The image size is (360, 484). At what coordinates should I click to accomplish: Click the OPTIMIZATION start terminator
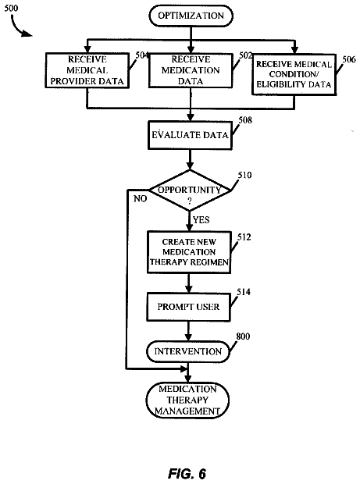click(x=191, y=16)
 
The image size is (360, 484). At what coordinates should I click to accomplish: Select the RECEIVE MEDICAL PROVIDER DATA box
click(x=87, y=70)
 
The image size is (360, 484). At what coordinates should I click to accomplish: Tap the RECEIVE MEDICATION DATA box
click(x=191, y=70)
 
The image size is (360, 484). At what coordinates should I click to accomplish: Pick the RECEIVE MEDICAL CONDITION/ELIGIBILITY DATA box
click(x=294, y=74)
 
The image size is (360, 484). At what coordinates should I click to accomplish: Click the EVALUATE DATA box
click(x=190, y=135)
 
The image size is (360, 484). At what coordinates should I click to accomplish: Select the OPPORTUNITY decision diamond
click(x=190, y=190)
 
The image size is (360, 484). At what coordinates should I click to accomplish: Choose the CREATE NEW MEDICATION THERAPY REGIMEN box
click(x=189, y=252)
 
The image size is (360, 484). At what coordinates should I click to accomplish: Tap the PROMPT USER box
click(x=188, y=307)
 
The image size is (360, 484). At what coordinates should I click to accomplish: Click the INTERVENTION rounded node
click(x=187, y=351)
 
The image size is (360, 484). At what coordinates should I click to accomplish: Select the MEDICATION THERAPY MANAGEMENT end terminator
click(x=187, y=400)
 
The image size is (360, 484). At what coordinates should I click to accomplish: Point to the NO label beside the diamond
click(x=140, y=199)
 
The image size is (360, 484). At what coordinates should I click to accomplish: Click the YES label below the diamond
click(x=201, y=220)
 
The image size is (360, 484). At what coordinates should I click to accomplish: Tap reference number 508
click(x=245, y=120)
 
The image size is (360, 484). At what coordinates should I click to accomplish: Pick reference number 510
click(x=244, y=176)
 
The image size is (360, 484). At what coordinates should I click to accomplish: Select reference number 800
click(x=243, y=336)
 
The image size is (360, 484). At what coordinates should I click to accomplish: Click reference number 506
click(x=349, y=59)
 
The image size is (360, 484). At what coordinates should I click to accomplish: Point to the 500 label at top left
click(x=11, y=9)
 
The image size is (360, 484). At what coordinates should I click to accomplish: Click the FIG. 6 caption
click(x=187, y=474)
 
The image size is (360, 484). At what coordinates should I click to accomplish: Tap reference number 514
click(x=244, y=292)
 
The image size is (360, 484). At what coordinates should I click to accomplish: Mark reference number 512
click(x=244, y=237)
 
